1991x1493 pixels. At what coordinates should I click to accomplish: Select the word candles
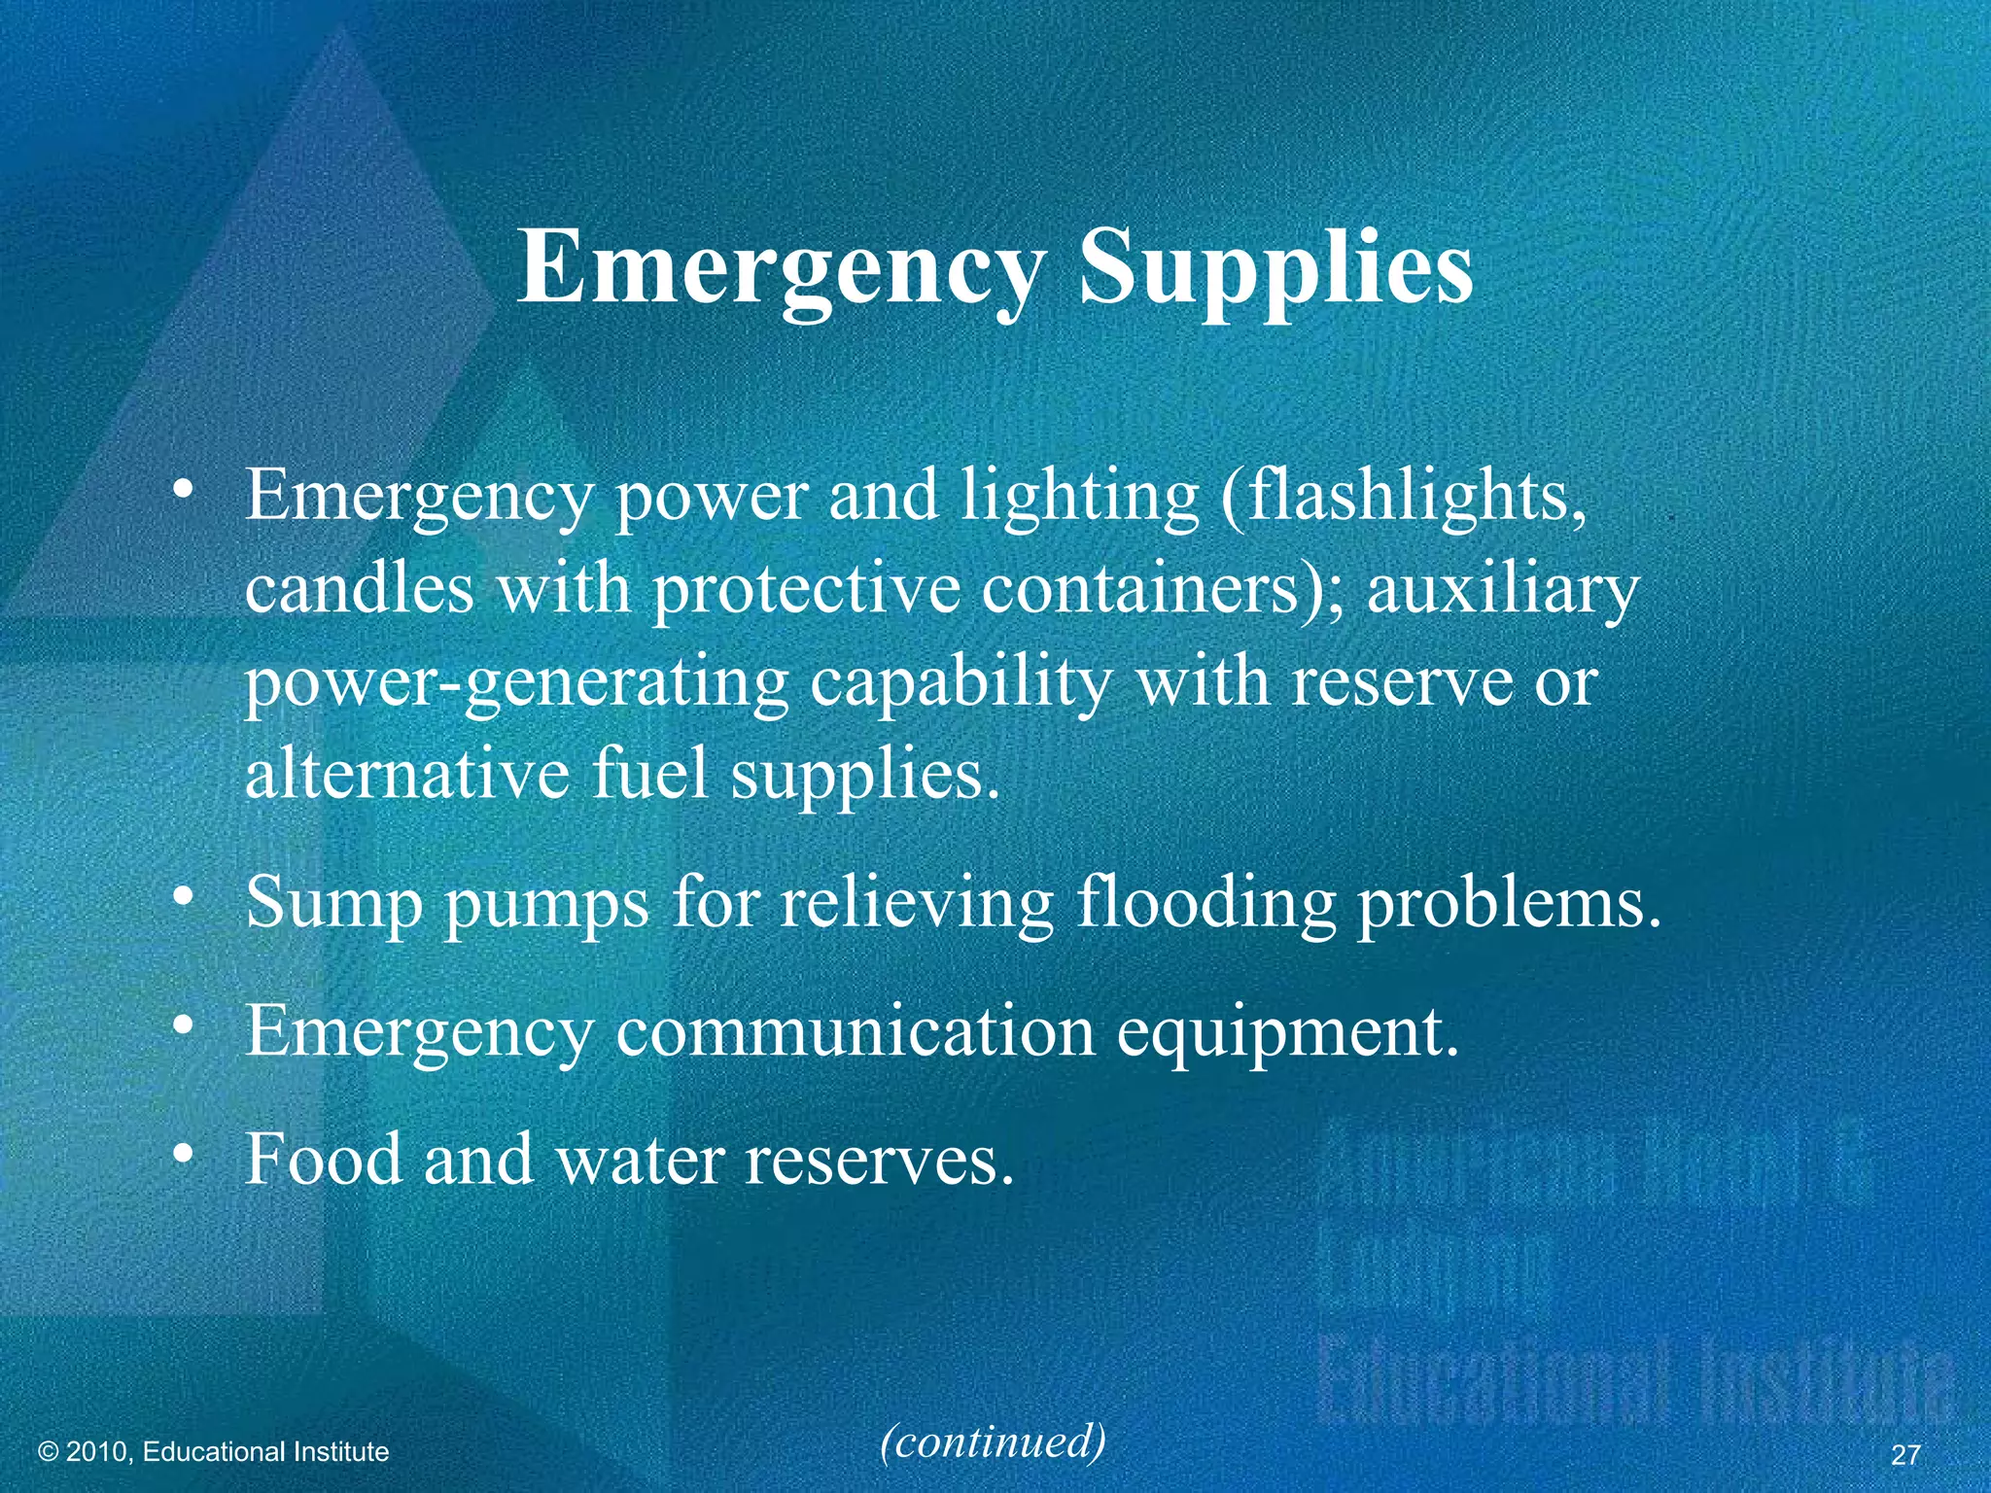[360, 589]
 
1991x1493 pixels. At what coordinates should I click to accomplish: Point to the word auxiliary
[1503, 589]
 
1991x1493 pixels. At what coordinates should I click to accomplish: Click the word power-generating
[515, 682]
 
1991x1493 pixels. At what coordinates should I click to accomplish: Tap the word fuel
[650, 774]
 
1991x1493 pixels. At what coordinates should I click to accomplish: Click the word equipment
[1287, 1032]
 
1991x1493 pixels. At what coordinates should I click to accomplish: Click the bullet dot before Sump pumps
[181, 900]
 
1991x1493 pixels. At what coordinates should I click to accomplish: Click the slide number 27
[1905, 1454]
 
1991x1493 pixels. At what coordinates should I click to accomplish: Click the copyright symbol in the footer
[49, 1452]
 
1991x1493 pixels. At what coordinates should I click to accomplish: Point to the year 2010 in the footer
[96, 1452]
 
